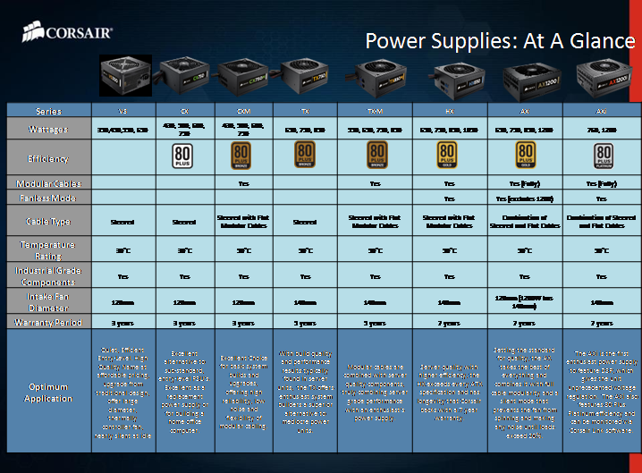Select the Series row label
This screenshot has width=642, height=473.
pyautogui.click(x=49, y=111)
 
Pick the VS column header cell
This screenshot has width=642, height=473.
pyautogui.click(x=122, y=111)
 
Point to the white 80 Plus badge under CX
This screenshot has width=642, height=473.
pyautogui.click(x=183, y=156)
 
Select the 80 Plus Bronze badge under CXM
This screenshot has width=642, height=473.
pyautogui.click(x=243, y=156)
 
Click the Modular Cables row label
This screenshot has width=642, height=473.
pyautogui.click(x=49, y=182)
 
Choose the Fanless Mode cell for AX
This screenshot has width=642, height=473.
pyautogui.click(x=526, y=198)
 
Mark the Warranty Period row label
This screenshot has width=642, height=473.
pyautogui.click(x=49, y=322)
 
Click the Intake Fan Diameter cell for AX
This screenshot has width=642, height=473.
pyautogui.click(x=526, y=301)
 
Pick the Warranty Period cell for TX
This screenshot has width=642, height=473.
pyautogui.click(x=304, y=323)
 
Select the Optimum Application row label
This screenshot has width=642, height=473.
pyautogui.click(x=49, y=394)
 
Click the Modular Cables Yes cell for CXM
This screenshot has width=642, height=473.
pyautogui.click(x=243, y=182)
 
